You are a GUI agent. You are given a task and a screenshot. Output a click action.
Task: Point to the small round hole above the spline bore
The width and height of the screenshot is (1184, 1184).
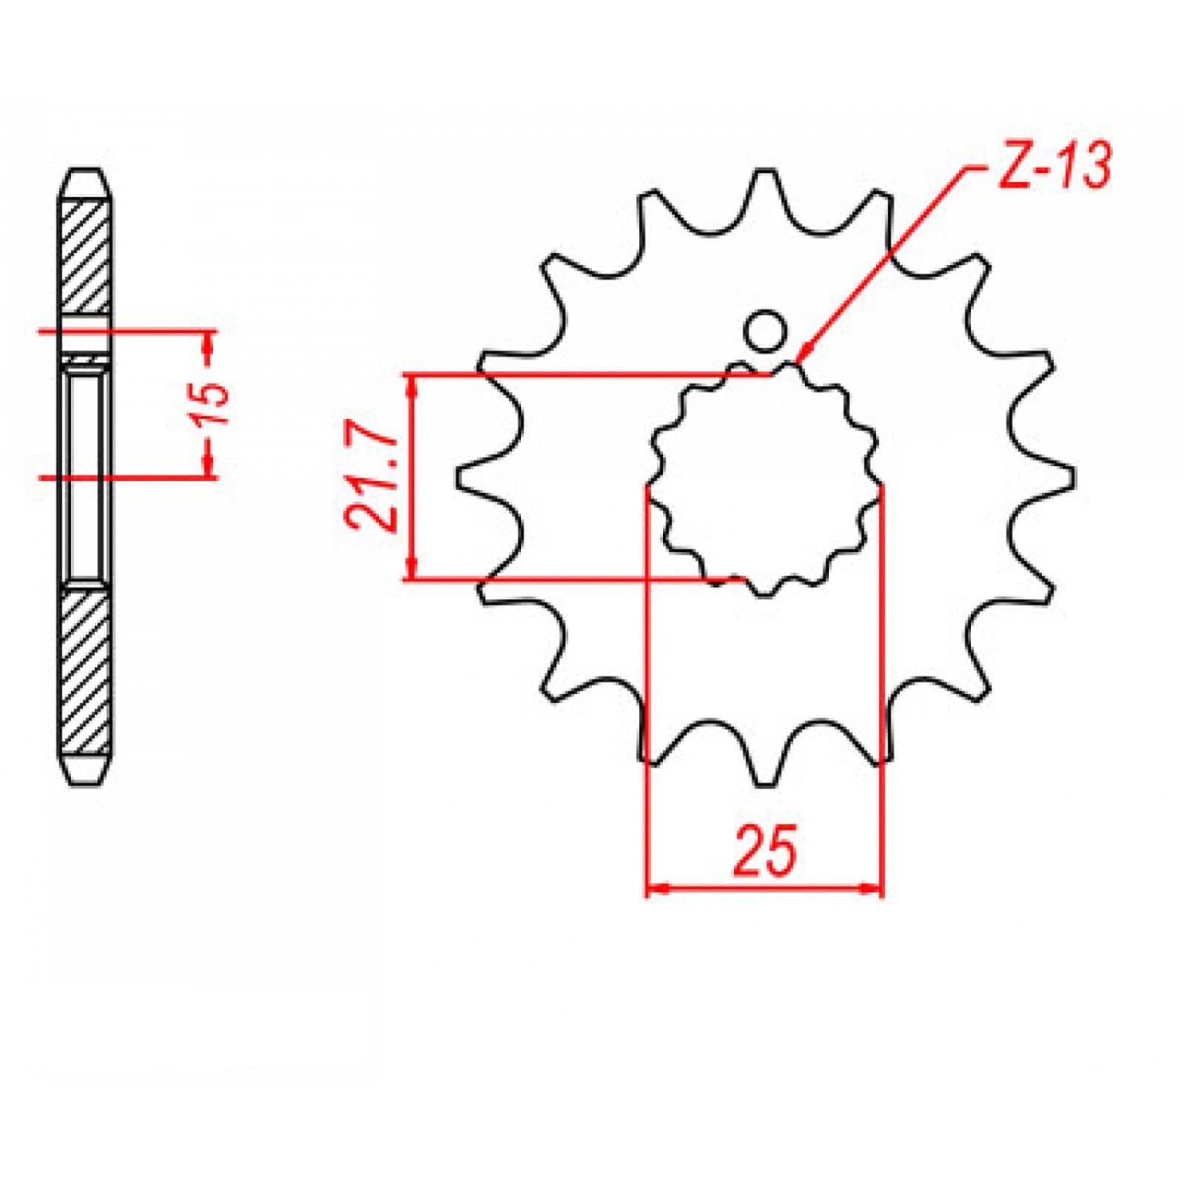point(765,332)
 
